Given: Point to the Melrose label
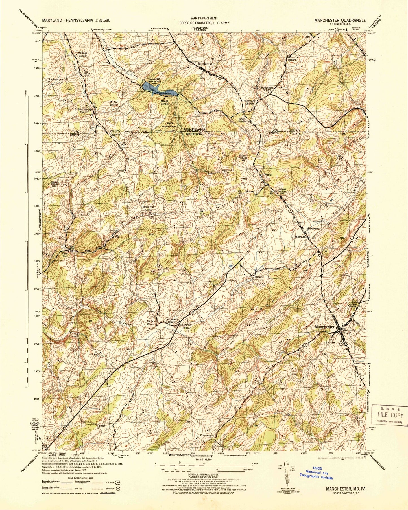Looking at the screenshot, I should tap(300, 237).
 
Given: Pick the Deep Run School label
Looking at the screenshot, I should tap(149, 208).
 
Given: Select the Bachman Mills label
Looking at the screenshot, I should tap(186, 326).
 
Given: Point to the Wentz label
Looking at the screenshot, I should tap(268, 175).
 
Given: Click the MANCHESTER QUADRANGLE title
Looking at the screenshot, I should tap(340, 20).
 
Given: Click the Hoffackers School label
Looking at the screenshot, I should tap(267, 89).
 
